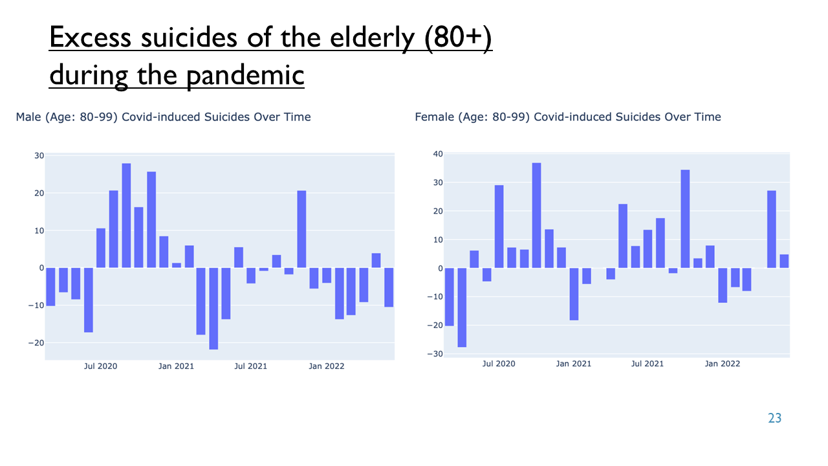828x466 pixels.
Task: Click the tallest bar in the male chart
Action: [x=126, y=216]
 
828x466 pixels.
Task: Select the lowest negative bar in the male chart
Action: [x=213, y=309]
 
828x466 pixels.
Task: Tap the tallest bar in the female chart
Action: [x=537, y=216]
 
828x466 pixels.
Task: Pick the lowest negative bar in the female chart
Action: [x=462, y=307]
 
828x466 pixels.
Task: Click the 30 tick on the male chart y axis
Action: [x=39, y=156]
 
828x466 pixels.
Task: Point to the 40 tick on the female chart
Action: [x=438, y=154]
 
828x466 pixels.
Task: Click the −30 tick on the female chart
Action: [x=435, y=353]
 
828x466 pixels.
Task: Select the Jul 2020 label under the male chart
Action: [x=100, y=366]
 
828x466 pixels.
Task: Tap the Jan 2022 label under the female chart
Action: [x=723, y=364]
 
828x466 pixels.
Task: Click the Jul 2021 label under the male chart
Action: [x=250, y=366]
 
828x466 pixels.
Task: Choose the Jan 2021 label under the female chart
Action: [x=574, y=364]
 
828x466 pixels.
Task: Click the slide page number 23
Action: [x=775, y=418]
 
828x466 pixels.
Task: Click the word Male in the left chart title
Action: [x=28, y=117]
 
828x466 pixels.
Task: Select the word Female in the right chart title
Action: [x=435, y=117]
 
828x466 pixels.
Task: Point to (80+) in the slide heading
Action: [x=458, y=38]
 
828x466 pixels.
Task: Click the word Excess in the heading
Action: [x=90, y=38]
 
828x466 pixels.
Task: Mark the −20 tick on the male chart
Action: [x=36, y=343]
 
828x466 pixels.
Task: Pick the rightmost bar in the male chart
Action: [x=389, y=287]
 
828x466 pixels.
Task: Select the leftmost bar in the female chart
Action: [x=450, y=296]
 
